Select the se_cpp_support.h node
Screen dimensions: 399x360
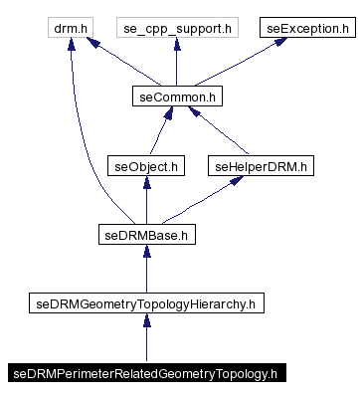coord(176,27)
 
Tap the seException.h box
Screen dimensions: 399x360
coord(308,27)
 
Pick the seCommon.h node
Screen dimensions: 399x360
coord(176,97)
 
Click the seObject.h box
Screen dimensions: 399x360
coord(146,166)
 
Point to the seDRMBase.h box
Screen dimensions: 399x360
coord(146,236)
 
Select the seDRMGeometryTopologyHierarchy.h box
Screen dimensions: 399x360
coord(146,304)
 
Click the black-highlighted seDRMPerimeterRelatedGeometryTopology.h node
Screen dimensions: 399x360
coord(146,374)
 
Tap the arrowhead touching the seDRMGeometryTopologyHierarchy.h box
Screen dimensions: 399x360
coord(146,322)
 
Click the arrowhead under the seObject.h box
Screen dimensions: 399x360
coord(146,184)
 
